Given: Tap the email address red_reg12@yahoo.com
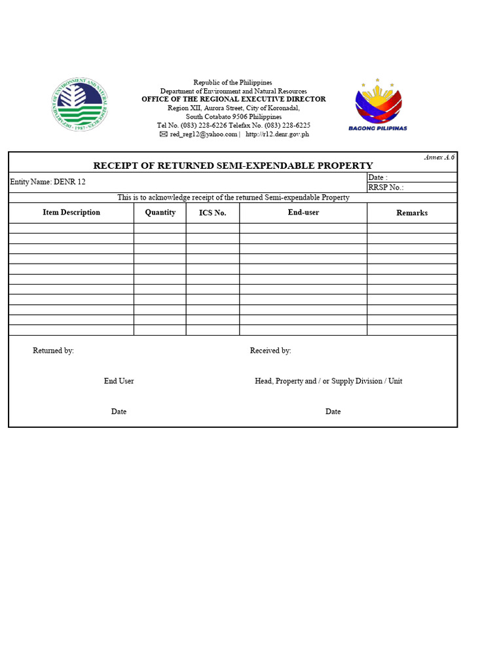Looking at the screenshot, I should click(203, 134).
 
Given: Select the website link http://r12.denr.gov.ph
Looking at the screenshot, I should click(277, 134).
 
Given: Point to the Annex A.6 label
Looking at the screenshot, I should click(439, 157).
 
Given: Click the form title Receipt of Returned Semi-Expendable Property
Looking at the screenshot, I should click(233, 166).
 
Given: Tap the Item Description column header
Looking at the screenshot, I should click(71, 213).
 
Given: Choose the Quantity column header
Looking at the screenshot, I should click(160, 213).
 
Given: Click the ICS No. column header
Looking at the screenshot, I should click(213, 213).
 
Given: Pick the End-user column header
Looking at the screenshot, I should click(303, 213).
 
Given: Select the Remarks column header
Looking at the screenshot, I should click(412, 213).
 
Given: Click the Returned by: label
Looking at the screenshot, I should click(54, 351).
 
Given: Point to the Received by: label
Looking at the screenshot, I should click(270, 351).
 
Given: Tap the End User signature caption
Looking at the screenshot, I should click(119, 381).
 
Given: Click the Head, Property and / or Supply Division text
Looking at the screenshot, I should click(328, 381).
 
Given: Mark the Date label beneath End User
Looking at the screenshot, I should click(119, 412).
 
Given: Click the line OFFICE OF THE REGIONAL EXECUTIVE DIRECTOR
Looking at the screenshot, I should click(233, 99).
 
